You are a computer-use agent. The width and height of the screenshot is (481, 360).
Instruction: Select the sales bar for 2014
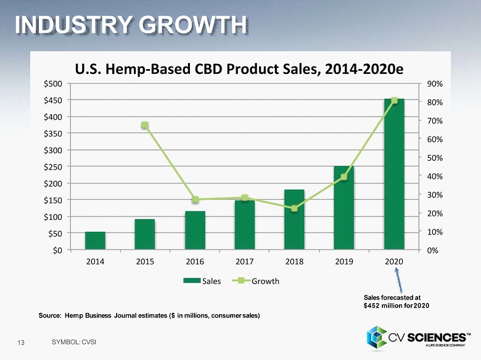tap(95, 241)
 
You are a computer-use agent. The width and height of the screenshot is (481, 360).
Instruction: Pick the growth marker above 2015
tap(145, 126)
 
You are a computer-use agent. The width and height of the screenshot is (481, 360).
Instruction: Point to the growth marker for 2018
tap(294, 208)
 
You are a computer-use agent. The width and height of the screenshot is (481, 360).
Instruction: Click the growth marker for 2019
tap(344, 177)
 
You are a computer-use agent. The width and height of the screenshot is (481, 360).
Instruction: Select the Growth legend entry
tap(260, 281)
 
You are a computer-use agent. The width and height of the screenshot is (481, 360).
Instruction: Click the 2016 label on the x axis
tap(195, 261)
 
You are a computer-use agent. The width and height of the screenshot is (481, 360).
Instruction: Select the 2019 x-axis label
tap(344, 261)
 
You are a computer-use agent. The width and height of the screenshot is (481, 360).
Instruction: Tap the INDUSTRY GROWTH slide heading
tap(131, 25)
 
